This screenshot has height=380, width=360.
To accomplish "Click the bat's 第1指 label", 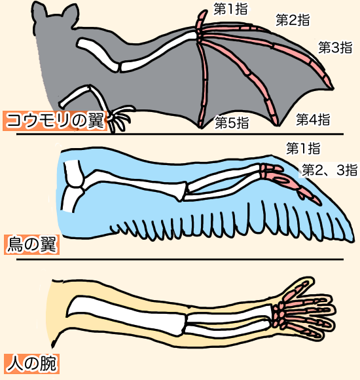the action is (x=230, y=9).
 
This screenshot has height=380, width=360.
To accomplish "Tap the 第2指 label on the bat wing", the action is (x=293, y=20).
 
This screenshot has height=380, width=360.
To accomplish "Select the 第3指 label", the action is (x=335, y=47).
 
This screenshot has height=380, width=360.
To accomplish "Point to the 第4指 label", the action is (x=313, y=119).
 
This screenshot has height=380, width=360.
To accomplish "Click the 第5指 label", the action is (x=232, y=123).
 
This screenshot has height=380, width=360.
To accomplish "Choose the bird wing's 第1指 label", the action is (x=303, y=148).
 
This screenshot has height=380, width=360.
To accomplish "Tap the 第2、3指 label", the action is (x=329, y=170).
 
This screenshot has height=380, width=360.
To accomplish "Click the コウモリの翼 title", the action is (x=55, y=121).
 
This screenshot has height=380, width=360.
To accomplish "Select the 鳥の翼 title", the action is (x=31, y=244).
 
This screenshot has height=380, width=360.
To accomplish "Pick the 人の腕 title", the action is (x=31, y=364).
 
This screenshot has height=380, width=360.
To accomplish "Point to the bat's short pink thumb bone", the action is (x=202, y=20).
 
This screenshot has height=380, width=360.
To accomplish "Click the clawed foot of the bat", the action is (x=118, y=119).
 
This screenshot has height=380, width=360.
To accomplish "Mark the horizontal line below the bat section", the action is (x=180, y=134).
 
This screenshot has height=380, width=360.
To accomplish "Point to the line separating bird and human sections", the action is (x=180, y=259).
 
